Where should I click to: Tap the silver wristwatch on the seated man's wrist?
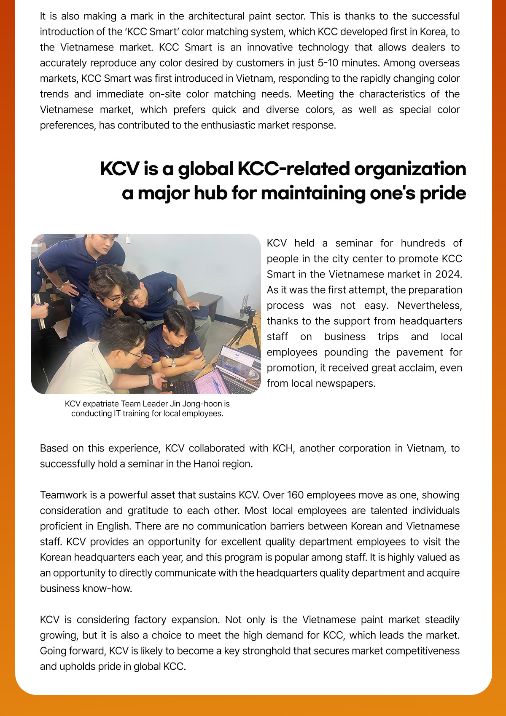tap(173, 362)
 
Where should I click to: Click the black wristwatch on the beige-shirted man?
tap(151, 379)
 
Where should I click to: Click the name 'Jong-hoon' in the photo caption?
tap(206, 403)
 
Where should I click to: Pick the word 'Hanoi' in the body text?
tap(206, 464)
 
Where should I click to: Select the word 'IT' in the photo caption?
tap(118, 413)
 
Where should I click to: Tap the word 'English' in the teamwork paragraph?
tap(113, 526)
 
